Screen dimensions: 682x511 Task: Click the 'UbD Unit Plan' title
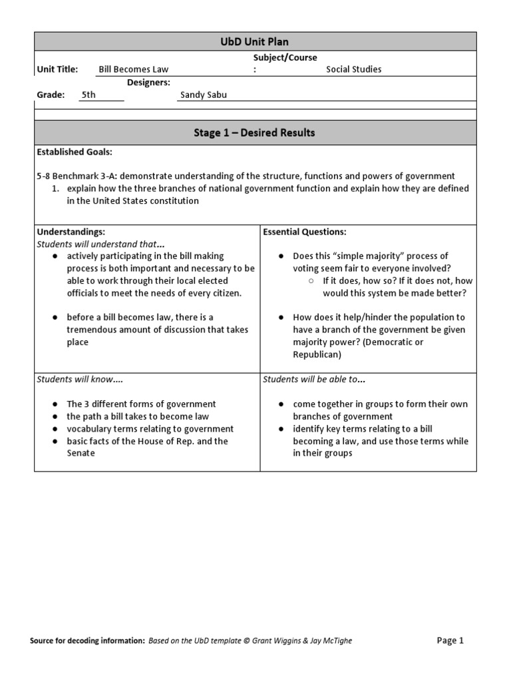[255, 41]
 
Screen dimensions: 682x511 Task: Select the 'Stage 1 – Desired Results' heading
[255, 133]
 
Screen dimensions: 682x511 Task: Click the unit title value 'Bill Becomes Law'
[134, 69]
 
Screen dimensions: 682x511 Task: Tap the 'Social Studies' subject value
[353, 69]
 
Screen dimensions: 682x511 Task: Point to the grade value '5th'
[88, 95]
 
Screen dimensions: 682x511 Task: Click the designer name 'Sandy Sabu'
[203, 95]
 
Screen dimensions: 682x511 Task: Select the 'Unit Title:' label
[57, 69]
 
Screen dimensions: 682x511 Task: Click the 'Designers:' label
[148, 82]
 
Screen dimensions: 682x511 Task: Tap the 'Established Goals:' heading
[75, 152]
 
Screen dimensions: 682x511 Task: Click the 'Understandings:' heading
[71, 232]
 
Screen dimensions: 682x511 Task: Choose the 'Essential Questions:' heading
[305, 232]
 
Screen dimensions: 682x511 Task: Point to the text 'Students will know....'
[80, 379]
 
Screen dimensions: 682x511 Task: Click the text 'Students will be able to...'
[314, 379]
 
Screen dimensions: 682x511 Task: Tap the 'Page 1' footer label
[450, 641]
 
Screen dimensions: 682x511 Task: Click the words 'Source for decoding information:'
[87, 641]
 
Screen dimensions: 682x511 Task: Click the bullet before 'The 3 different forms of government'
[54, 404]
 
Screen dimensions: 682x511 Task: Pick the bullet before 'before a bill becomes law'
[54, 318]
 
